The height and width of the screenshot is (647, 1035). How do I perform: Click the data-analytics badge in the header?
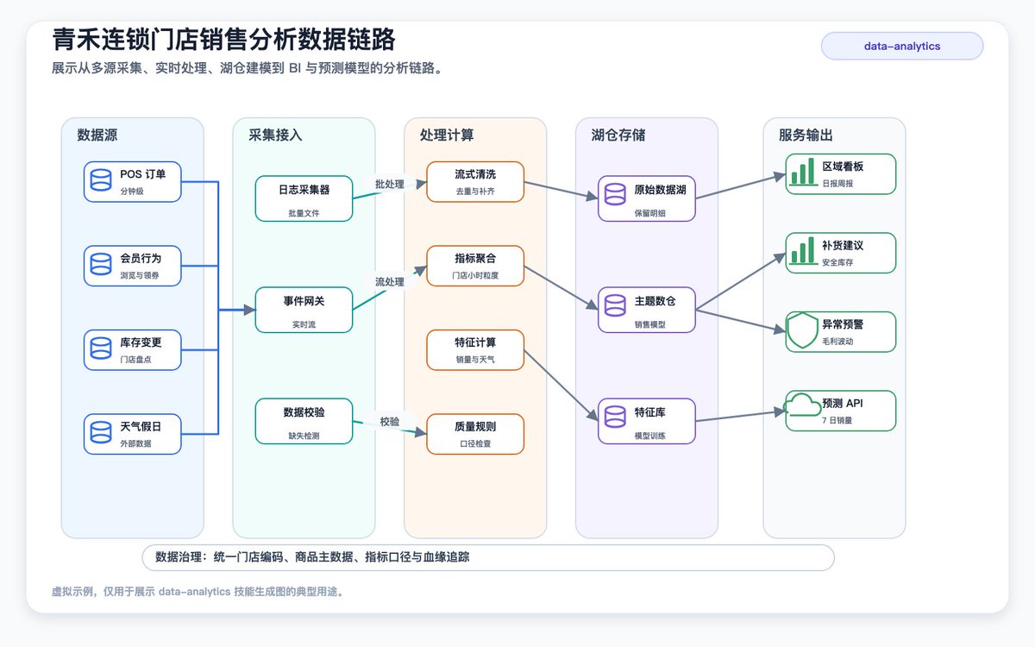[902, 46]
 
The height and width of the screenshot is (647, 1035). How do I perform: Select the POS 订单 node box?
[133, 182]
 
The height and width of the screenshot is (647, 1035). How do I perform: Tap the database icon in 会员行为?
[101, 264]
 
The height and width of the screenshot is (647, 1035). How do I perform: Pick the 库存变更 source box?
[133, 350]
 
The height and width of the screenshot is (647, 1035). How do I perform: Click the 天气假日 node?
[133, 434]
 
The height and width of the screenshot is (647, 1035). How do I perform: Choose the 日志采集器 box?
[304, 198]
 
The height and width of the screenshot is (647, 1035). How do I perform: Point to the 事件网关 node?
[304, 310]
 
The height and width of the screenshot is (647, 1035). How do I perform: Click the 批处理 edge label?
[390, 184]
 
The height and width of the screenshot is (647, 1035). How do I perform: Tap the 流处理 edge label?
[390, 281]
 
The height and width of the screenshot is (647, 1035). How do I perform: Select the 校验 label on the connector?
[390, 422]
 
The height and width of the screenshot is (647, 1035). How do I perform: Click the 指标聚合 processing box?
[475, 266]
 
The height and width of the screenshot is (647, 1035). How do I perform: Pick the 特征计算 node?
[475, 350]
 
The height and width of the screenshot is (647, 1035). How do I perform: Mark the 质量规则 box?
[475, 434]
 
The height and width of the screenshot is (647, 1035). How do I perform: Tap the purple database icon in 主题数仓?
[615, 305]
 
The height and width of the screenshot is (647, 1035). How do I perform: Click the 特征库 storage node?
[647, 421]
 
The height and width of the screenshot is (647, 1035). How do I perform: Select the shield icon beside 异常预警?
[803, 330]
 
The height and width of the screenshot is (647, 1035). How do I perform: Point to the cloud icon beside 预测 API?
[802, 405]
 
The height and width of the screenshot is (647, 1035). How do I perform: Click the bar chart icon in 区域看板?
[803, 172]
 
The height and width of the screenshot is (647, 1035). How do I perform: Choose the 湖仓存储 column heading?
[618, 135]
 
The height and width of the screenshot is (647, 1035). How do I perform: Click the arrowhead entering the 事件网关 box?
[250, 310]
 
